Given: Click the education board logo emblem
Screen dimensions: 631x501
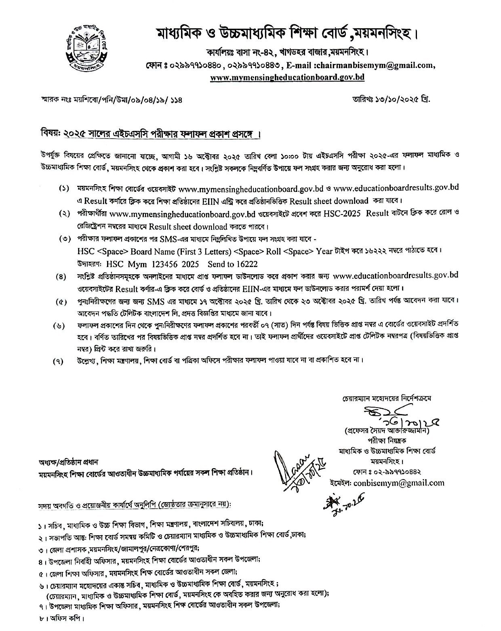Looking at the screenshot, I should [87, 49].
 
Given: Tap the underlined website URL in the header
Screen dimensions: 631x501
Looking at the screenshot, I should [287, 77].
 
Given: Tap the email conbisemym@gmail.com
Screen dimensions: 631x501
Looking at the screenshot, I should [398, 483].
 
